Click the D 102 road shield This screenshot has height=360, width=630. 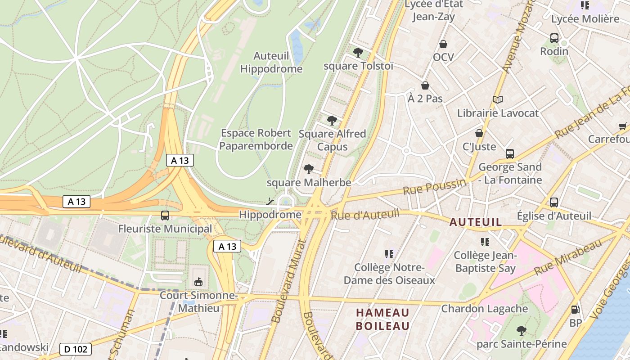(76, 349)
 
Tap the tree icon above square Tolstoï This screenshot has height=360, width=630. (358, 53)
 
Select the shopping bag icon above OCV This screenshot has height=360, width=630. (443, 44)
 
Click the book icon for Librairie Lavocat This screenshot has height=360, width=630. (497, 99)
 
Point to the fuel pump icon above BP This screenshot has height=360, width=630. (575, 310)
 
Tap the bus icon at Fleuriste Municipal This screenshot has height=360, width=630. (165, 216)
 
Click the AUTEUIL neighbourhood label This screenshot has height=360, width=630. (476, 222)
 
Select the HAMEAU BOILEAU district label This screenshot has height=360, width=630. (382, 319)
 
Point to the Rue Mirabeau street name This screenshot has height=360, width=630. (568, 257)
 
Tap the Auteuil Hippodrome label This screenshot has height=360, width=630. (271, 63)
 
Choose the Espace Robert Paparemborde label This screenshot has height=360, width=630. (256, 139)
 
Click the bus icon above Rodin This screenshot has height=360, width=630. (554, 38)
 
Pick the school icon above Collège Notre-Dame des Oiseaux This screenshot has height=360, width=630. (389, 254)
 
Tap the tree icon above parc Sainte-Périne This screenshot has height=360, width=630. (522, 331)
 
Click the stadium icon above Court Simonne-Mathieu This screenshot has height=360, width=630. (198, 282)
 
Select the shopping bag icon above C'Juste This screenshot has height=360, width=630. (479, 133)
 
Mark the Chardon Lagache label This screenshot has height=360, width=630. (485, 309)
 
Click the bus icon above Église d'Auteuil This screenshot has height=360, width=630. (554, 202)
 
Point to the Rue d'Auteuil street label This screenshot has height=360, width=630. (365, 215)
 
